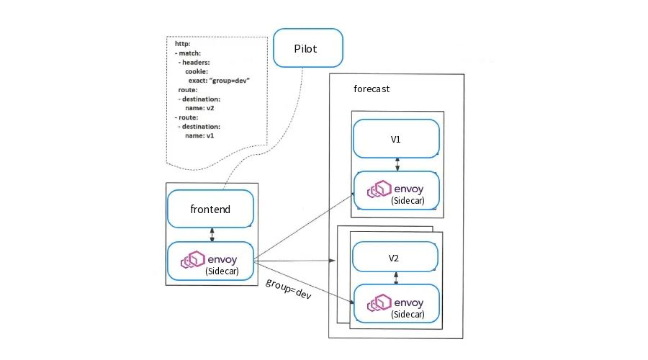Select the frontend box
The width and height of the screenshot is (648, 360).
211,210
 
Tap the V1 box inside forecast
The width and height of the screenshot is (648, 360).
395,138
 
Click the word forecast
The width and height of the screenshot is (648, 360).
373,90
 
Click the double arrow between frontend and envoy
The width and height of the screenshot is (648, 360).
211,235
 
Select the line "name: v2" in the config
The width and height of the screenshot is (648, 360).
199,107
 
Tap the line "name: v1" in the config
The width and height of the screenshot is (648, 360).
199,135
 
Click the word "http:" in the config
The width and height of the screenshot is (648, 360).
183,44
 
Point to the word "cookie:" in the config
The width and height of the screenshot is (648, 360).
197,71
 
